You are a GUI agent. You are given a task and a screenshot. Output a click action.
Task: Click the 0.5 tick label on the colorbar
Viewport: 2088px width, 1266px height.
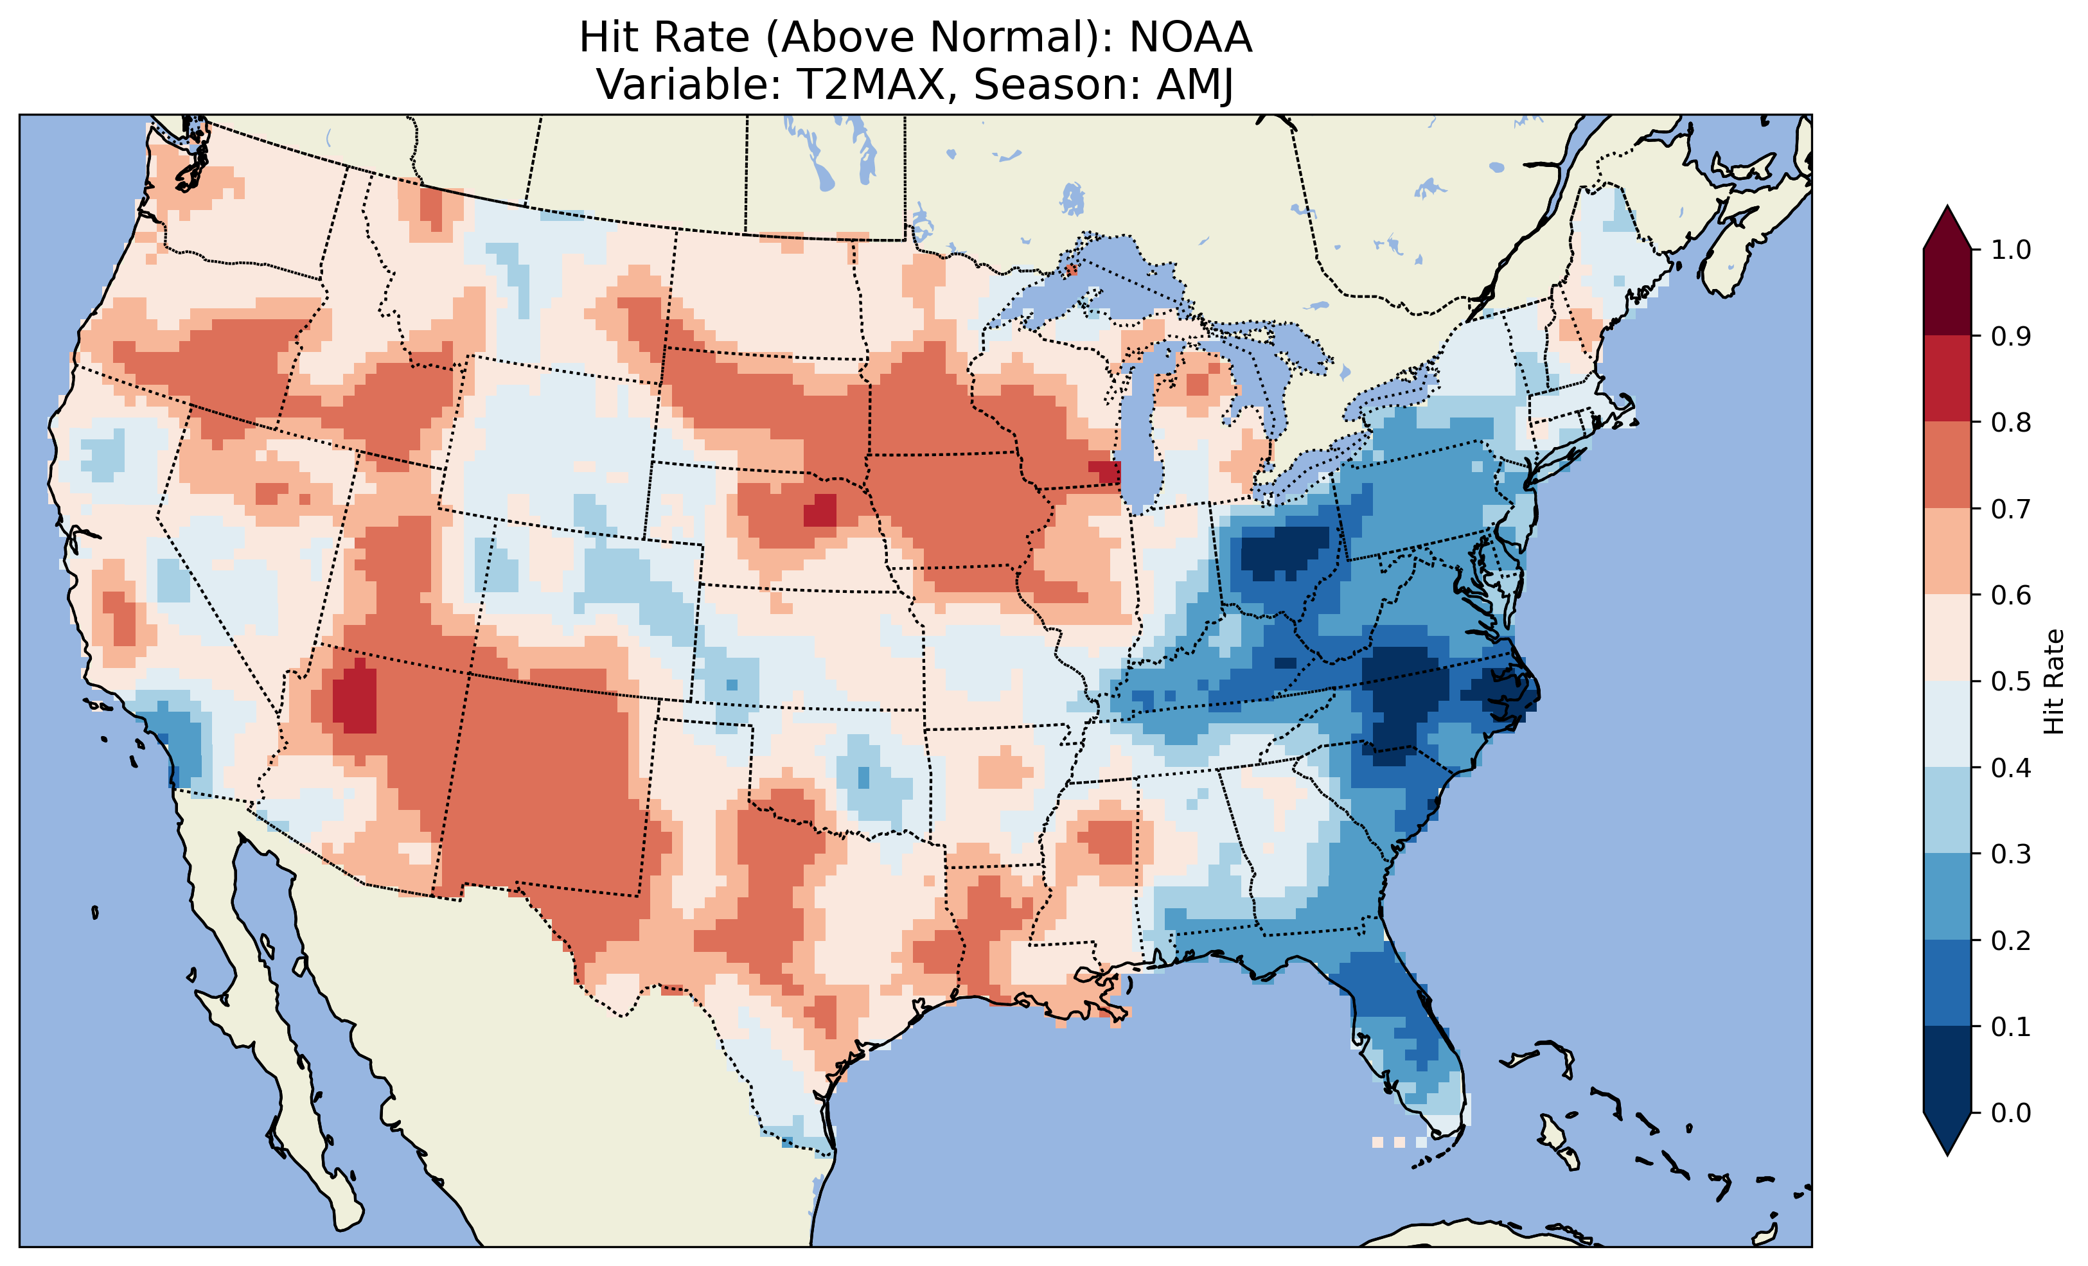coord(2011,681)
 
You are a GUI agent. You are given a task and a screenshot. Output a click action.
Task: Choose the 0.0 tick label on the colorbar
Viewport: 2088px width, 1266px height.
coord(2011,1112)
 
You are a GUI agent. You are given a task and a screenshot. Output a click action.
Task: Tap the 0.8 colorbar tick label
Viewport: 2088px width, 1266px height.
coord(2011,422)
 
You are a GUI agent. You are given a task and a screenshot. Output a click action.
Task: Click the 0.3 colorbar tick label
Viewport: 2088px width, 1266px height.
coord(2011,854)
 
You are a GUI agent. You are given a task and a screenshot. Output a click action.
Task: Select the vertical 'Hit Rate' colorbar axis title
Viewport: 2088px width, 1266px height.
coord(2053,681)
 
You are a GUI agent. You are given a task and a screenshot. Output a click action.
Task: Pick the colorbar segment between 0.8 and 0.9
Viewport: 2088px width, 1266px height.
coord(1947,379)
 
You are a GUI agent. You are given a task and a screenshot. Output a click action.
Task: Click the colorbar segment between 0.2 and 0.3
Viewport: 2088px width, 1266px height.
coord(1947,897)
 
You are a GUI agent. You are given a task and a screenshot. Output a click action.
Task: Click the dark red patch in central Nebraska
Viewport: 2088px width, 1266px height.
coord(819,512)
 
